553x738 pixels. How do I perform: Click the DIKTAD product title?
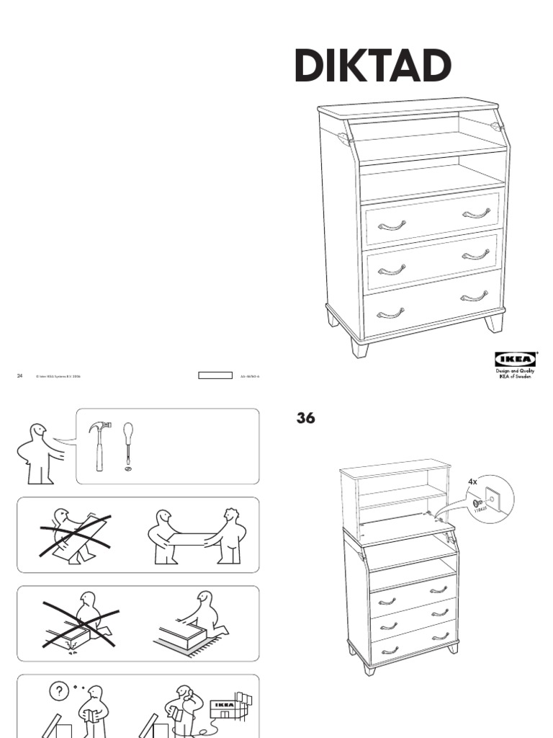click(373, 67)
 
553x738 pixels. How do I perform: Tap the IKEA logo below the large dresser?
click(515, 360)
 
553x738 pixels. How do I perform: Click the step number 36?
click(306, 418)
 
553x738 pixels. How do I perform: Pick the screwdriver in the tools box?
click(128, 443)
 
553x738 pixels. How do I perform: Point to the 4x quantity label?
click(472, 481)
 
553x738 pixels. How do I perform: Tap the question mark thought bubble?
click(58, 691)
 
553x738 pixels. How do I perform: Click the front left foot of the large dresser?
click(359, 347)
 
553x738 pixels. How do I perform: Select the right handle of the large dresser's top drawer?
click(476, 213)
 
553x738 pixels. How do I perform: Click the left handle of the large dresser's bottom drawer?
click(391, 314)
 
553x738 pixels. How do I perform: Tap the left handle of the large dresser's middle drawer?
click(392, 270)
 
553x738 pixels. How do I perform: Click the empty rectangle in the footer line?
click(215, 375)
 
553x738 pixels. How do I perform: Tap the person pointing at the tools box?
click(40, 454)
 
